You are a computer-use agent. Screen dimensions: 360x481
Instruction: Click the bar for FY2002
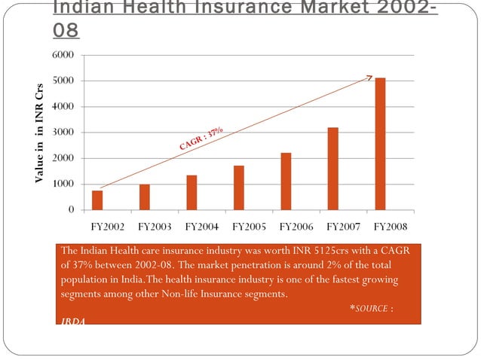pyautogui.click(x=97, y=200)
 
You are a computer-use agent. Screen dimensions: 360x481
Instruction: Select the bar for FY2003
pyautogui.click(x=144, y=197)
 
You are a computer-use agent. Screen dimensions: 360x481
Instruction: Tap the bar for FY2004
pyautogui.click(x=191, y=193)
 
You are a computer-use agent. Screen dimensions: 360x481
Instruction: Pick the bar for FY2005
pyautogui.click(x=239, y=188)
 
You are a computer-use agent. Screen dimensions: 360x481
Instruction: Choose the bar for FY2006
pyautogui.click(x=286, y=182)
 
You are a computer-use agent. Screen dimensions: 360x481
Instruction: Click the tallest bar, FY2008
pyautogui.click(x=380, y=144)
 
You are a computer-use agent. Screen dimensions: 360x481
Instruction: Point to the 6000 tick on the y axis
pyautogui.click(x=63, y=56)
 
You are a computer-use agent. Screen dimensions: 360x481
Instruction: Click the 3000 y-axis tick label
pyautogui.click(x=63, y=133)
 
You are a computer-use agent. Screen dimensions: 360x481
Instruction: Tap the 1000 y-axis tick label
pyautogui.click(x=63, y=185)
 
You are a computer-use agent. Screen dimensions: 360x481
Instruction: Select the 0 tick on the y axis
pyautogui.click(x=69, y=210)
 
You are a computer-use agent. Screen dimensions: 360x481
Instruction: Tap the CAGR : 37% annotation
pyautogui.click(x=201, y=139)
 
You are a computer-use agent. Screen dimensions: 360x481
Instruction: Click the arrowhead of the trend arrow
pyautogui.click(x=370, y=76)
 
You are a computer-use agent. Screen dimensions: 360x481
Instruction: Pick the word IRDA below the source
pyautogui.click(x=74, y=322)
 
